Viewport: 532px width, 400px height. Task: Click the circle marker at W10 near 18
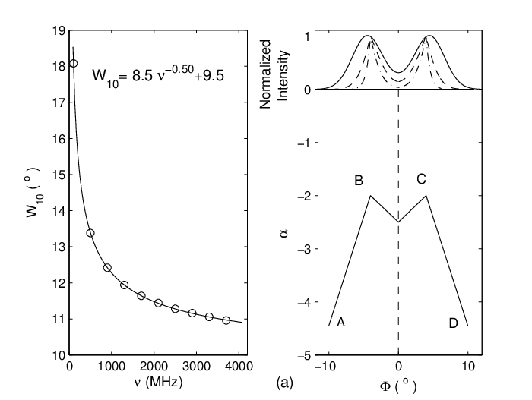click(x=73, y=64)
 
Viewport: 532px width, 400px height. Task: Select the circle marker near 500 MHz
click(x=90, y=233)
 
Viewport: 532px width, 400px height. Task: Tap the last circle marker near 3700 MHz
click(x=226, y=320)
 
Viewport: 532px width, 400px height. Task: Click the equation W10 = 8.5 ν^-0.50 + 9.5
click(x=158, y=75)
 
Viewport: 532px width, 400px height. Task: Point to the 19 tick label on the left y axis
click(x=59, y=31)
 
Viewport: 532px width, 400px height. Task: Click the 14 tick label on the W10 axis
click(x=59, y=211)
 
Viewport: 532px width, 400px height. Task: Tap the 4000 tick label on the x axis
click(x=239, y=367)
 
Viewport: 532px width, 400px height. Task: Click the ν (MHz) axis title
click(x=159, y=382)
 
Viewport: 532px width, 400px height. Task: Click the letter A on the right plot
click(x=340, y=323)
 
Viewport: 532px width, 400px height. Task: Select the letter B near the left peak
click(x=359, y=181)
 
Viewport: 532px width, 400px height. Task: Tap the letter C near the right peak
click(x=421, y=179)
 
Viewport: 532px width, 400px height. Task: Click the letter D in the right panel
click(x=453, y=323)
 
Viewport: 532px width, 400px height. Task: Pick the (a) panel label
click(x=284, y=383)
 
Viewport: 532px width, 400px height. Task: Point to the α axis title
click(x=284, y=233)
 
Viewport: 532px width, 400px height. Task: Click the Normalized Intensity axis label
click(x=274, y=74)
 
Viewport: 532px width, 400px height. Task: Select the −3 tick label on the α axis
click(x=304, y=249)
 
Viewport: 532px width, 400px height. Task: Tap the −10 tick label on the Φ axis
click(x=325, y=367)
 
